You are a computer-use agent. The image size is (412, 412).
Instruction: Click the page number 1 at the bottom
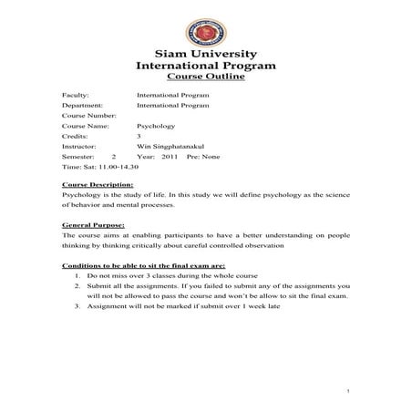[x=349, y=391]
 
